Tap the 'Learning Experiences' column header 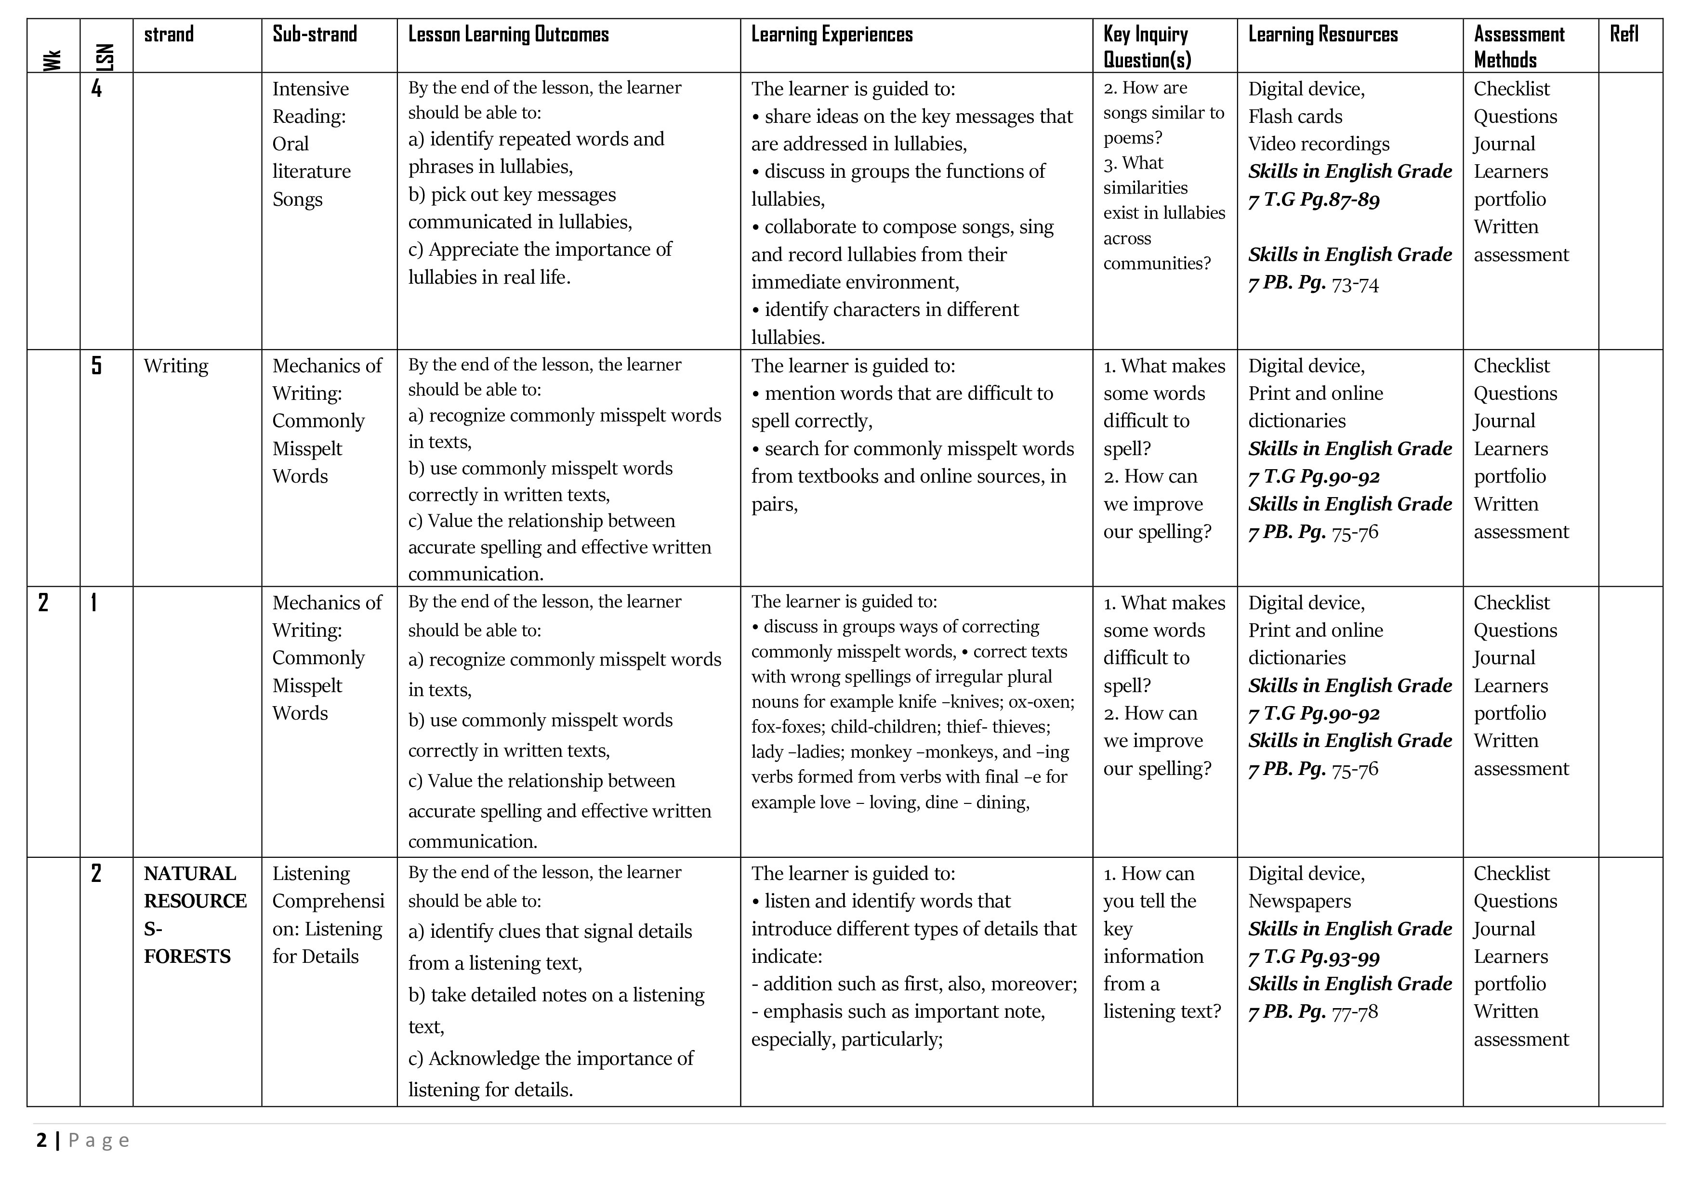832,35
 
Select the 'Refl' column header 1624,35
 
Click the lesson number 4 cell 96,89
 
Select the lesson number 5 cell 96,366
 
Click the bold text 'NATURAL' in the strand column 190,873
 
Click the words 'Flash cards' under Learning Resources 1295,116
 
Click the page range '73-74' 1355,284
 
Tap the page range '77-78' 1355,1012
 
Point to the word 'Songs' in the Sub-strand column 297,199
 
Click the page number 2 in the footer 41,1141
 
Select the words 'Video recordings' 1318,144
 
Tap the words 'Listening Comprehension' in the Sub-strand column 328,887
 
